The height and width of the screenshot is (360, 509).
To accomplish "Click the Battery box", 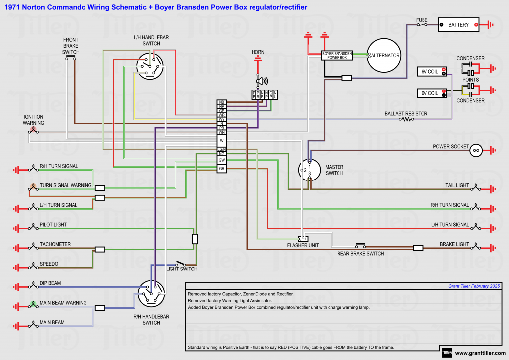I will (458, 25).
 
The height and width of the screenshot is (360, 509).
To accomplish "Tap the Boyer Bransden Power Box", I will (337, 55).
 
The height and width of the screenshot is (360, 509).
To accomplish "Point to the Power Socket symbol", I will (476, 150).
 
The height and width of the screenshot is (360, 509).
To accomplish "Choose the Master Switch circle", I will (309, 170).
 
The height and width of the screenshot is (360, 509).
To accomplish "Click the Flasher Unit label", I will (302, 246).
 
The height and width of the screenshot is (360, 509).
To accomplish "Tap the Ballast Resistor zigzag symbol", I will (406, 119).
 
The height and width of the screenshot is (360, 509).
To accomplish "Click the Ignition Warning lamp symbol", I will (33, 131).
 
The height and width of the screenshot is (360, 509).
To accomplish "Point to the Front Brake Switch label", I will (71, 46).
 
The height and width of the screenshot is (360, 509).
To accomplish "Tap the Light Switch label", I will (181, 269).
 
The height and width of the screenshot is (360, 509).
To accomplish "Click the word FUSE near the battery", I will (422, 20).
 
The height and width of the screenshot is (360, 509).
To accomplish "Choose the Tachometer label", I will (55, 244).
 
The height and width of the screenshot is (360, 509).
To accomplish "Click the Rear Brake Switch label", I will (360, 254).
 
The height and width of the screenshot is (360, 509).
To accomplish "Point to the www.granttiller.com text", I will (479, 353).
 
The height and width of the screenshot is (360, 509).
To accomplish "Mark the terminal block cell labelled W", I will (222, 141).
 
